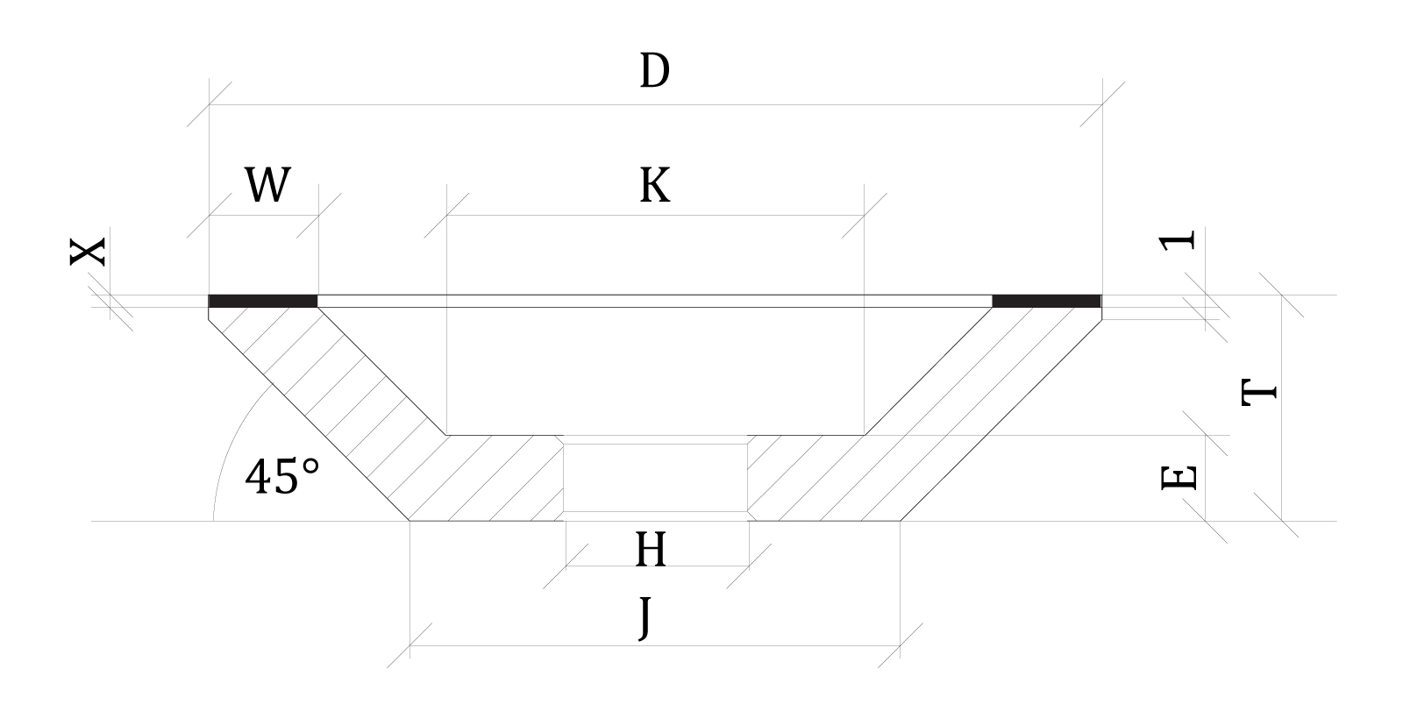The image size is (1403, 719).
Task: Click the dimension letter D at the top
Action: (654, 71)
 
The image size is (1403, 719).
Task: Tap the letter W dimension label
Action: (267, 185)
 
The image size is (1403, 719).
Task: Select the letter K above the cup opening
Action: (654, 185)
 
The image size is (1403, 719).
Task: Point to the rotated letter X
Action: (87, 252)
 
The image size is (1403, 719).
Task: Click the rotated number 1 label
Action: (1177, 241)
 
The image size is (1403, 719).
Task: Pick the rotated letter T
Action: (1259, 393)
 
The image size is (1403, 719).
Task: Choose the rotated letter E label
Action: (1179, 478)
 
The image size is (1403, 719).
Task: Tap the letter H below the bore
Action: (651, 549)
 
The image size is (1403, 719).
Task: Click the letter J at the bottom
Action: (645, 618)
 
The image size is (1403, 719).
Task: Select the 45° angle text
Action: (282, 477)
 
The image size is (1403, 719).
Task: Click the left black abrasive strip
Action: (263, 302)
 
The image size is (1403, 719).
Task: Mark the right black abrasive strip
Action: (1047, 302)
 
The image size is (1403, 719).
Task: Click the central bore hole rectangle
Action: (655, 478)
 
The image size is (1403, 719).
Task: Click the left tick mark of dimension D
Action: (210, 104)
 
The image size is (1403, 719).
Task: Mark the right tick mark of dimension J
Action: (900, 645)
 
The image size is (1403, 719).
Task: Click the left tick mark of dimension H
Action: (566, 566)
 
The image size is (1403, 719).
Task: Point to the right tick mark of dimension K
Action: (865, 216)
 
